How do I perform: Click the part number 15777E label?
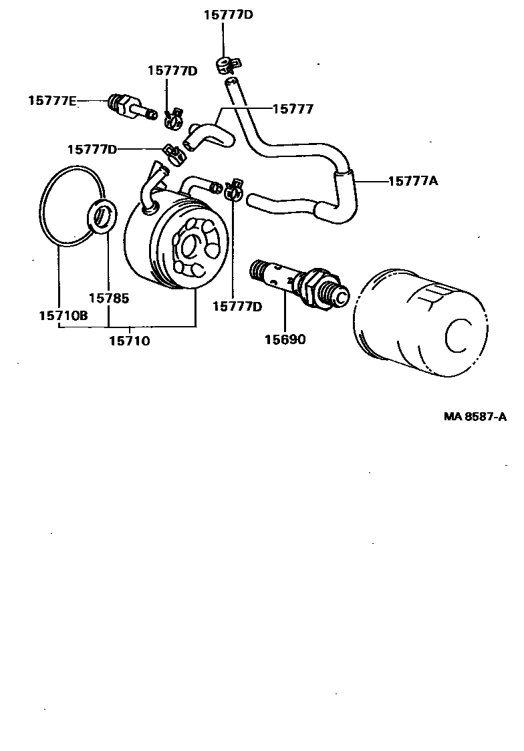[52, 101]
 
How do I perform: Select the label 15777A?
[413, 180]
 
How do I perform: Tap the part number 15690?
[285, 339]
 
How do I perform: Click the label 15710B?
[62, 315]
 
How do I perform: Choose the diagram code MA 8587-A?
[475, 417]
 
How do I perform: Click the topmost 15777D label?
[229, 15]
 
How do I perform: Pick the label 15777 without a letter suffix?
[293, 108]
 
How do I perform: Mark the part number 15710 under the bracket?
[129, 341]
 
